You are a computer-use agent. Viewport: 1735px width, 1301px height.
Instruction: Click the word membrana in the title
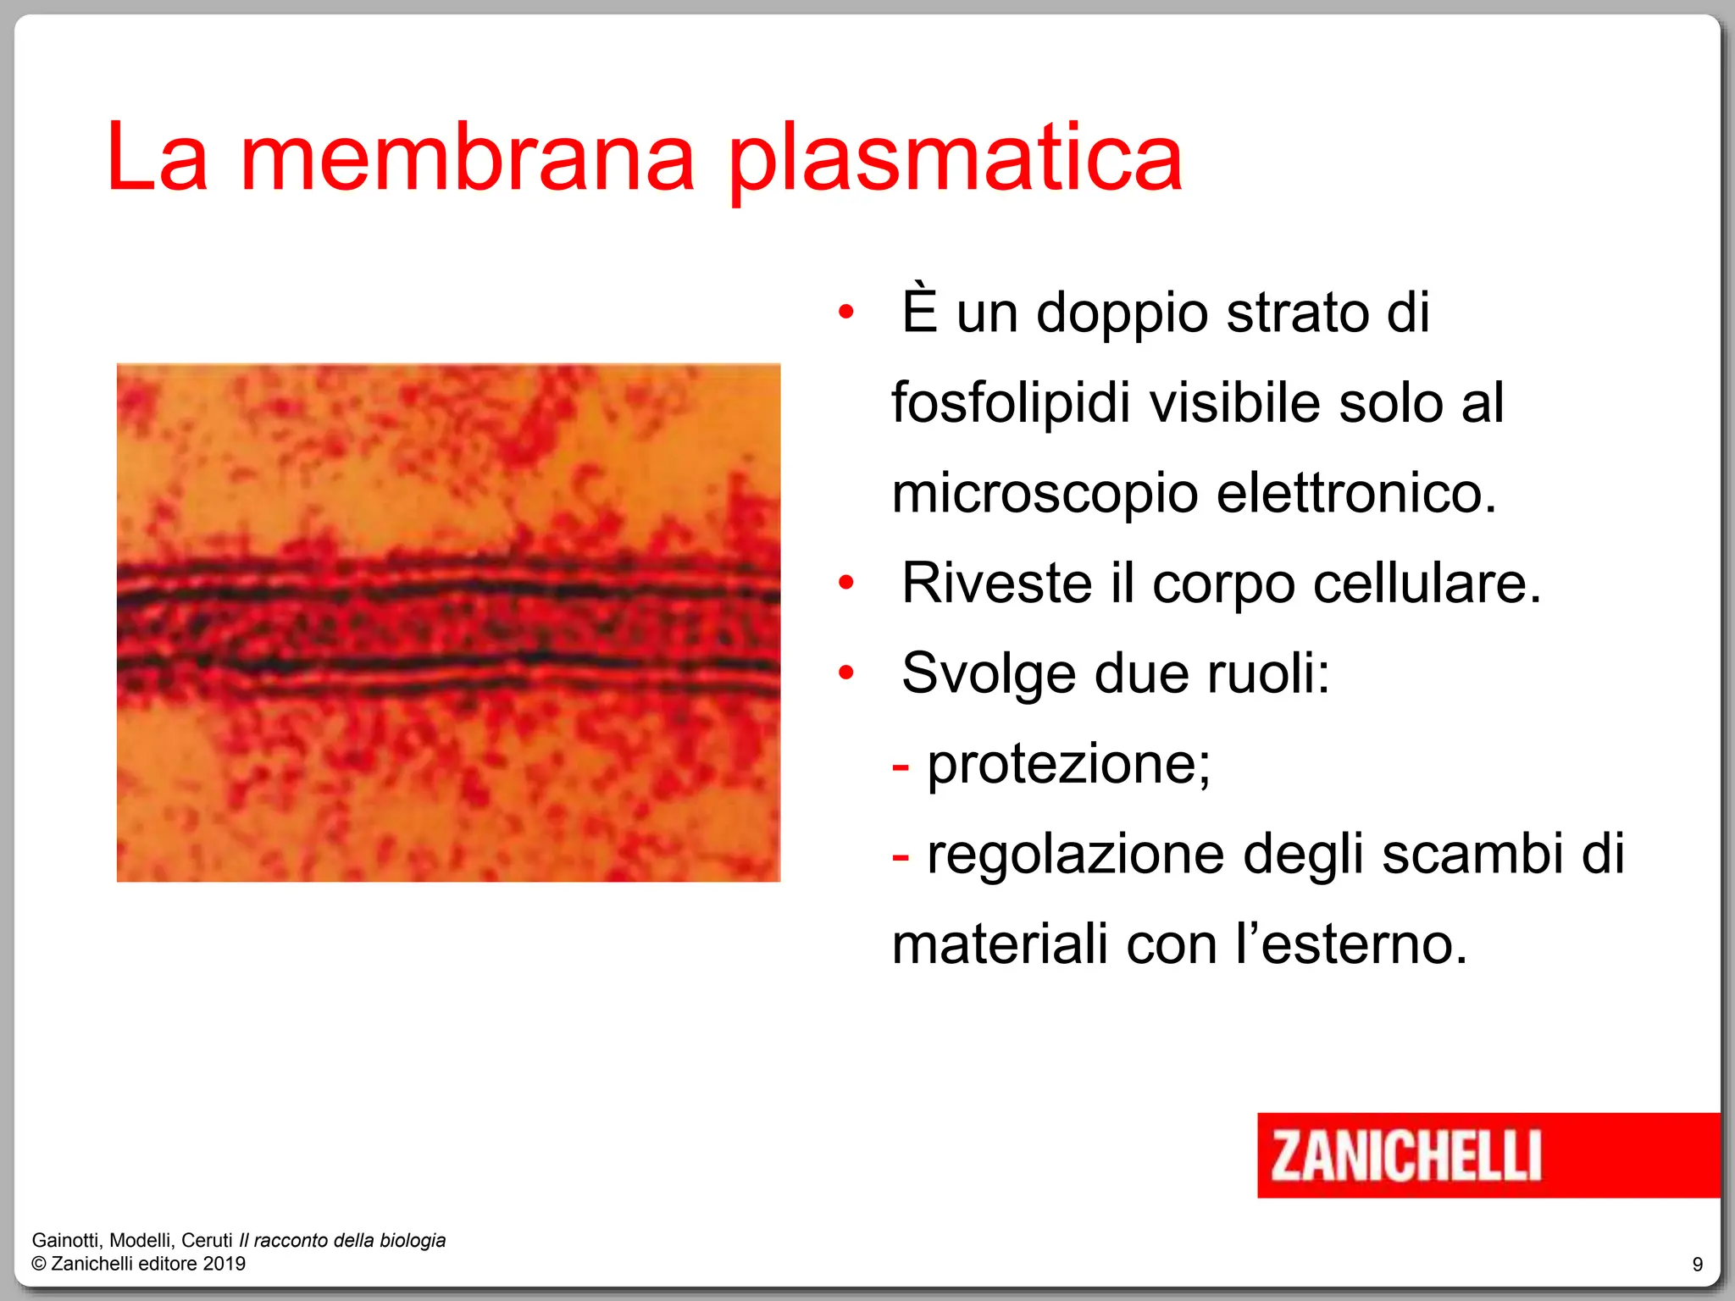point(468,159)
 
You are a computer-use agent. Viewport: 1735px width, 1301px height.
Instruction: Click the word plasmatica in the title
point(956,161)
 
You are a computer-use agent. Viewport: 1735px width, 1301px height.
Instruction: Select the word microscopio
point(1045,495)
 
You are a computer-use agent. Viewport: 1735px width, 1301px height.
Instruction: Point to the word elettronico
point(1355,493)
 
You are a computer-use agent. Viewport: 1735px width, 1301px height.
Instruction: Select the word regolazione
point(1075,855)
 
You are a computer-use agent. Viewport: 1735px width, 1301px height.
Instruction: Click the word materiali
point(1000,944)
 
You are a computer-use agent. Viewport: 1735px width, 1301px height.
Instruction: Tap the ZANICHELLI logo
point(1405,1155)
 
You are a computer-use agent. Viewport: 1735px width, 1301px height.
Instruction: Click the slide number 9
point(1698,1265)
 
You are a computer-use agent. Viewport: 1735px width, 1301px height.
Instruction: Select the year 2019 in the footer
point(224,1264)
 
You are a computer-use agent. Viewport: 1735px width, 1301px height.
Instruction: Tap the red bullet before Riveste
point(845,583)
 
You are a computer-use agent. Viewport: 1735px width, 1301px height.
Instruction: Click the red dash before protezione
point(901,766)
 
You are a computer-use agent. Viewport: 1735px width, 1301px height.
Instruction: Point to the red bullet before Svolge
point(845,673)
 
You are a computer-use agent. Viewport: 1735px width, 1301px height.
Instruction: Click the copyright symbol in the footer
point(39,1264)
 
